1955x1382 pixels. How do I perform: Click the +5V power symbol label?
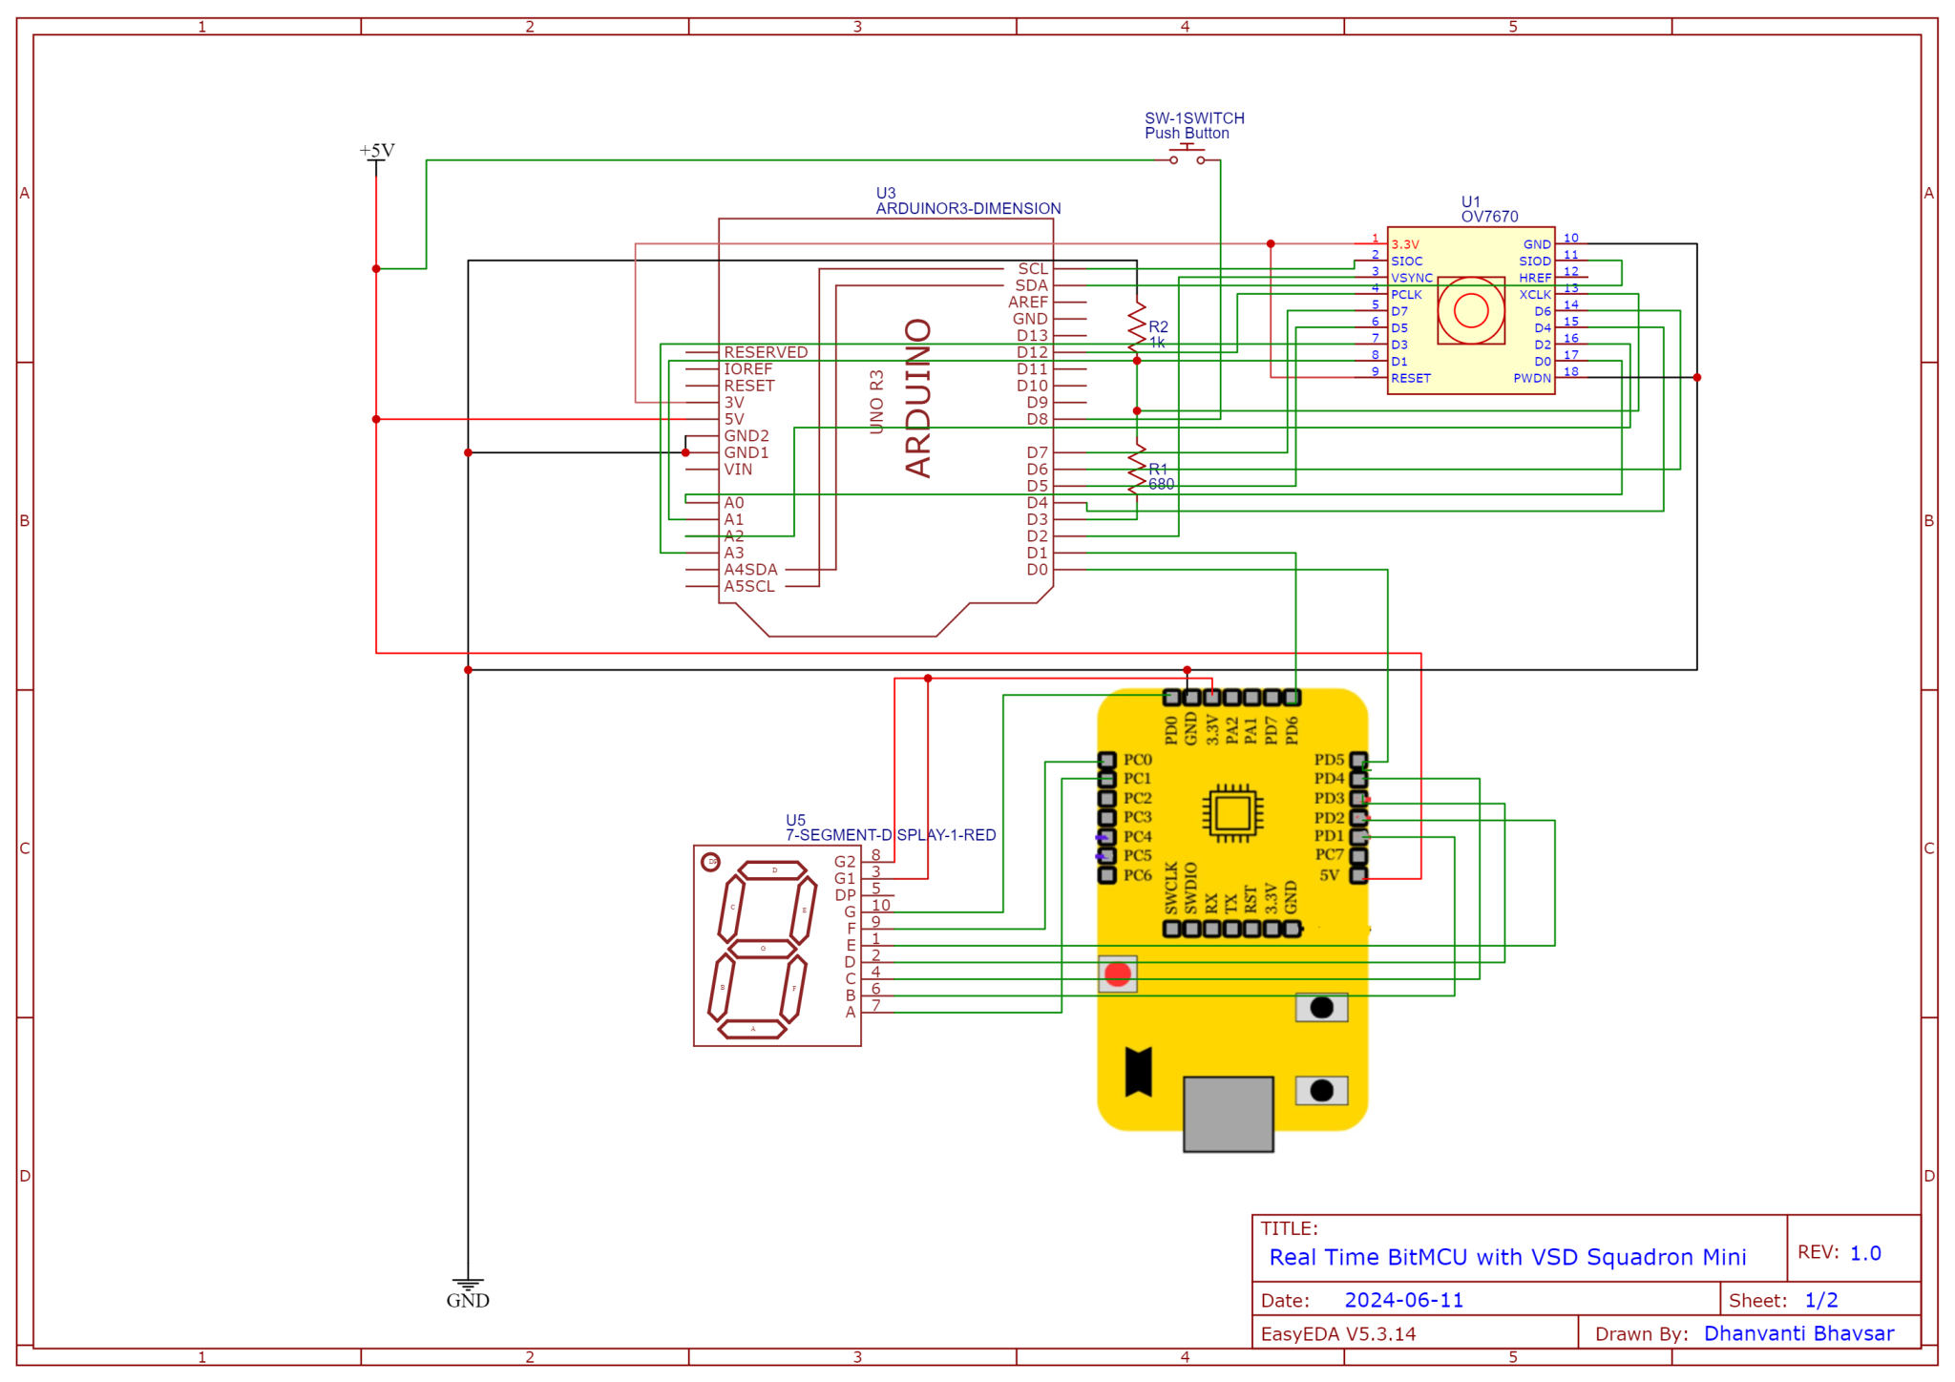tap(376, 151)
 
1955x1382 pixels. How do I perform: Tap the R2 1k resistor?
tap(1137, 327)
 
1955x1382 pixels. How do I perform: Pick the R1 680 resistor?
tap(1137, 470)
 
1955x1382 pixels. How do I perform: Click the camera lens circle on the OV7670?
tap(1470, 310)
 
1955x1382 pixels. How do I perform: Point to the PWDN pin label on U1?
tap(1531, 378)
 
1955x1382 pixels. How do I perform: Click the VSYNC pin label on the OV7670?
tap(1411, 278)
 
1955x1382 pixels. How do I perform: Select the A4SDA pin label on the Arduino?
tap(750, 570)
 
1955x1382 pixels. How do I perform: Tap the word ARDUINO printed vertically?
tap(917, 398)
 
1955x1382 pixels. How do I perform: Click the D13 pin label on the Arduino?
tap(1032, 336)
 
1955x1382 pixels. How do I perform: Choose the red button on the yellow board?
tap(1117, 974)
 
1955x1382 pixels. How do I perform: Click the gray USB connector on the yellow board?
tap(1228, 1113)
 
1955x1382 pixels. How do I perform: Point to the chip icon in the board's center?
tap(1232, 813)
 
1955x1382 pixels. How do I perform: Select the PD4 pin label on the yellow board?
tap(1328, 779)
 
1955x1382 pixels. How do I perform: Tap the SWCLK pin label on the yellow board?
tap(1171, 888)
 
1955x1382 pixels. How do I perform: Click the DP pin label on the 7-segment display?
tap(845, 895)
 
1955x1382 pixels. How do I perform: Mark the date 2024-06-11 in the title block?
tap(1403, 1300)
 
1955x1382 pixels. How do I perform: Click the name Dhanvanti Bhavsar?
tap(1798, 1333)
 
